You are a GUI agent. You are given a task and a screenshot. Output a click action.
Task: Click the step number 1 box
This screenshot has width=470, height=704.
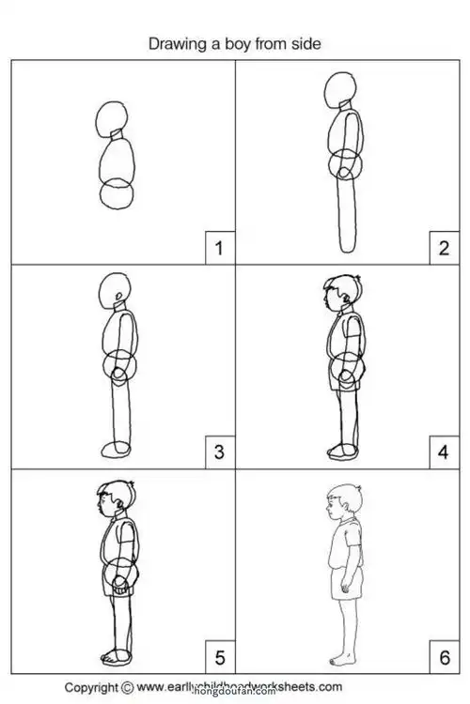(x=219, y=249)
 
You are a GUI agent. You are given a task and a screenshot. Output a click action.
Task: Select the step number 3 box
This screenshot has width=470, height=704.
(x=219, y=453)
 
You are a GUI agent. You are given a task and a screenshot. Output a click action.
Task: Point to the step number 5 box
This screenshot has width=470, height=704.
(x=219, y=654)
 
